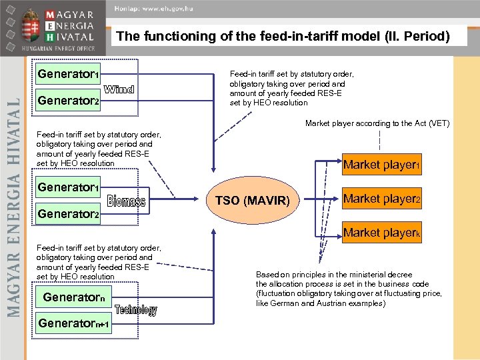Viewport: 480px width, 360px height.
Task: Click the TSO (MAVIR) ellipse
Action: (x=252, y=201)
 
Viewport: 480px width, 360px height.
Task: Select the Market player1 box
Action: (x=381, y=165)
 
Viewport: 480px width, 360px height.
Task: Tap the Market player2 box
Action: (x=381, y=199)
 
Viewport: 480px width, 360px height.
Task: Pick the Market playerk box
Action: (x=381, y=233)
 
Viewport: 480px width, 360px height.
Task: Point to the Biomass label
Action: (x=126, y=201)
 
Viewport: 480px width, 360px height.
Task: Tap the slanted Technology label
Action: (x=136, y=310)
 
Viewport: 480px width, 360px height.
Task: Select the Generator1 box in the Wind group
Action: (x=69, y=74)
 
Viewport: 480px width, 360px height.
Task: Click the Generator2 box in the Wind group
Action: (x=69, y=101)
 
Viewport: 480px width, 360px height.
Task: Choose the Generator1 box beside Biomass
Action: (x=69, y=187)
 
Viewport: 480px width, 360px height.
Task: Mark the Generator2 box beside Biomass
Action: (x=69, y=215)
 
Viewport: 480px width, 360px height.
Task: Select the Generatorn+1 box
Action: (x=73, y=324)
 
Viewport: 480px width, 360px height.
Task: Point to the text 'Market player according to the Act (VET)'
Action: (x=377, y=123)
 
